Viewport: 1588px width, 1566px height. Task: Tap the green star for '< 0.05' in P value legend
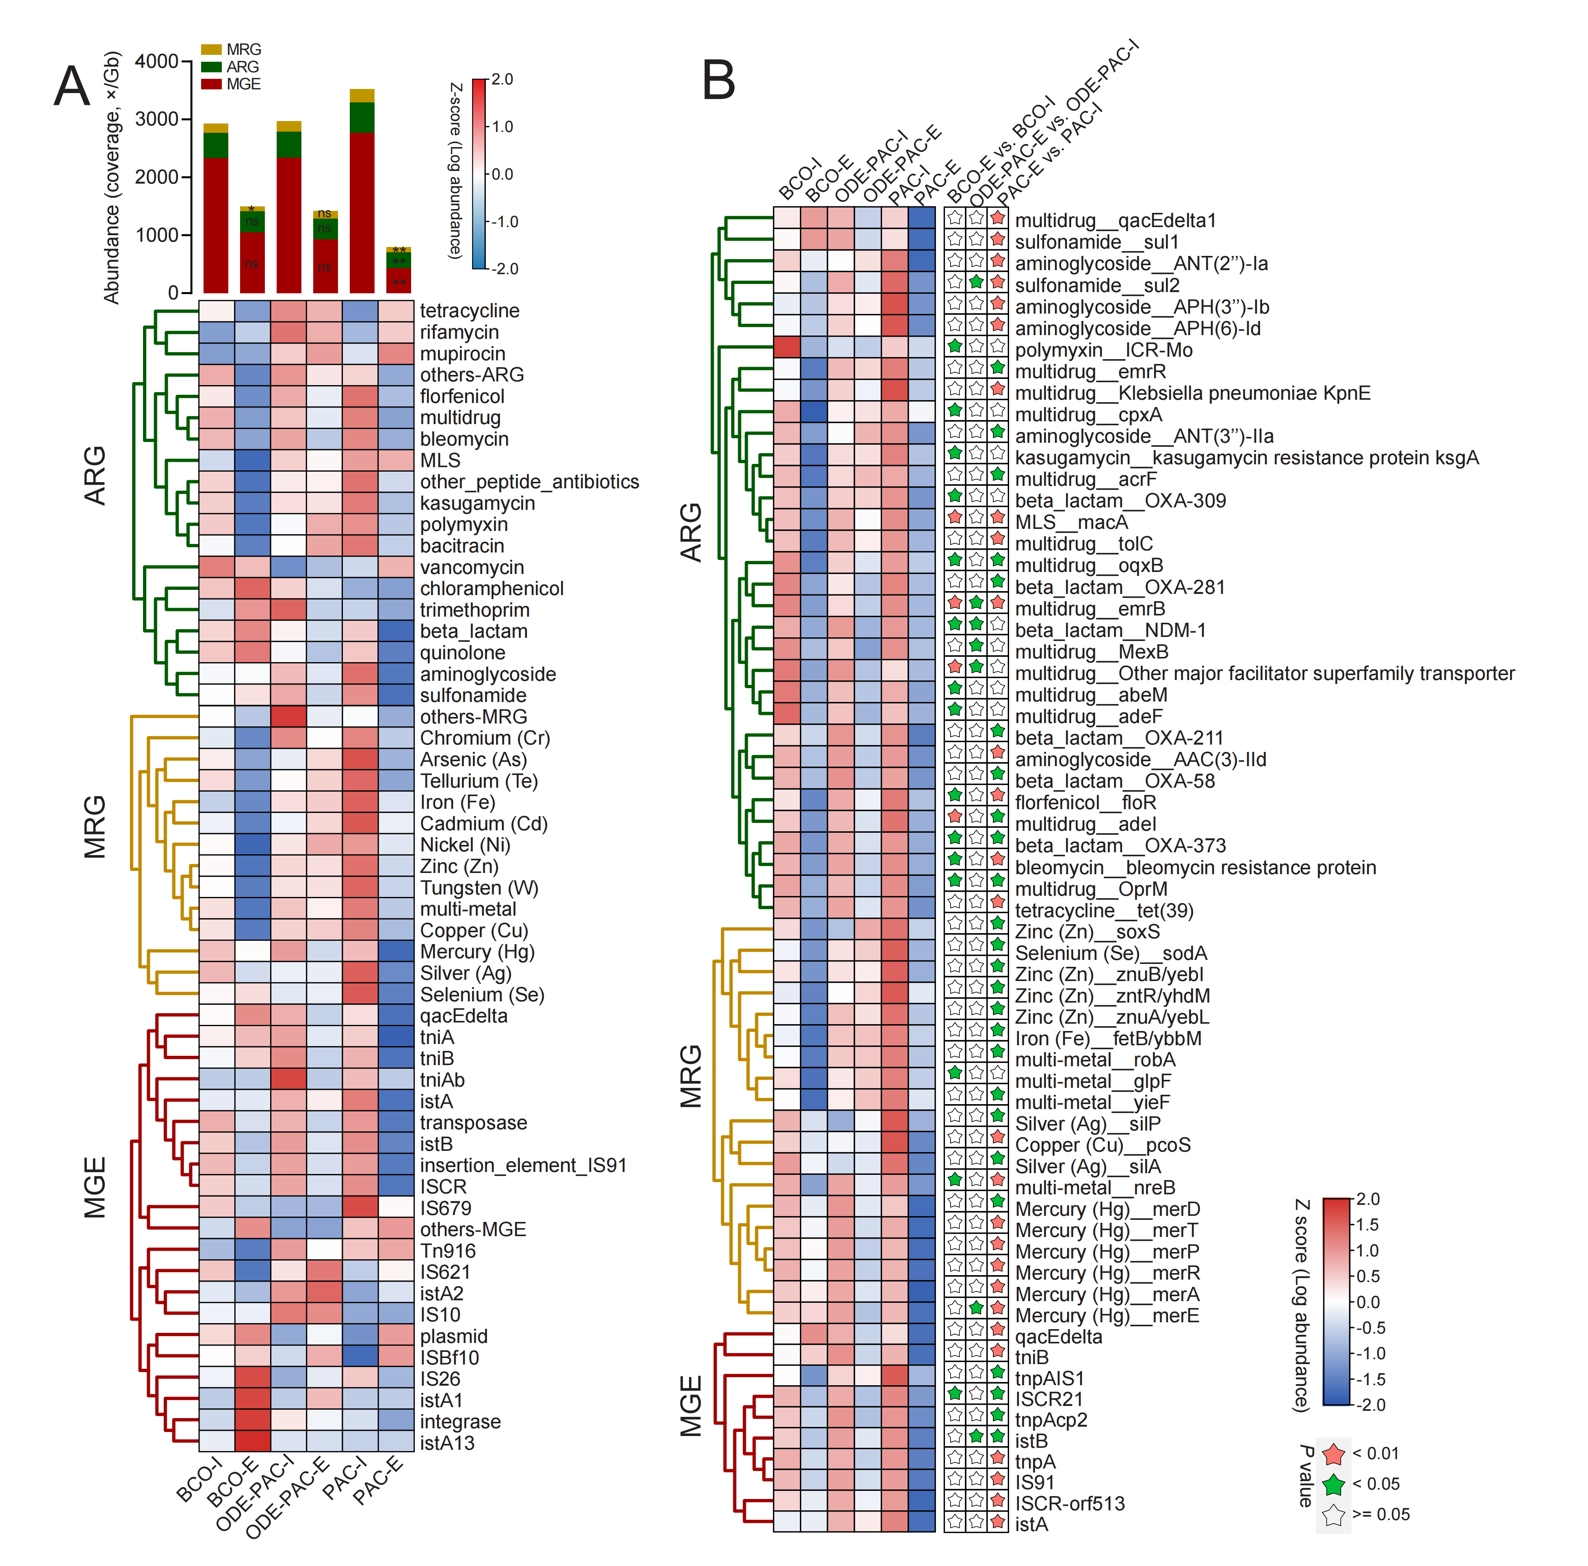(x=1333, y=1485)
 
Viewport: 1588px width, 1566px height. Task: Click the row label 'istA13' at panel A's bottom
(x=447, y=1443)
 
